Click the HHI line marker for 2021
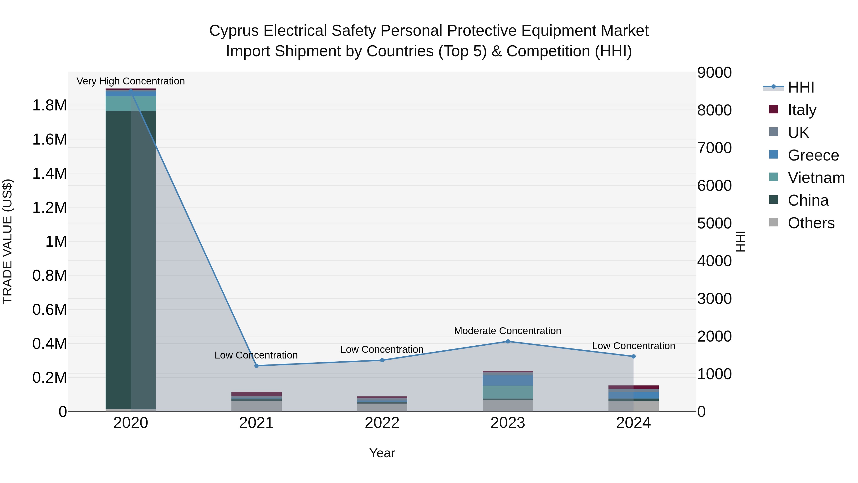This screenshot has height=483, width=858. point(256,366)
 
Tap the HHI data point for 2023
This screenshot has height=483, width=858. point(508,341)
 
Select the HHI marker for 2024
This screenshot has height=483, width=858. point(633,356)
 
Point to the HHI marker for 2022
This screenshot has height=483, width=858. point(382,360)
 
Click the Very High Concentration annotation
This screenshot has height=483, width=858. point(131,81)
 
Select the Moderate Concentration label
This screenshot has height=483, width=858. point(508,331)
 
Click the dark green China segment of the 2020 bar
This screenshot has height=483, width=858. point(118,260)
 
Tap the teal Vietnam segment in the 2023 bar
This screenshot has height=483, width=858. point(508,392)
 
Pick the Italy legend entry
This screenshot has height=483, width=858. point(802,110)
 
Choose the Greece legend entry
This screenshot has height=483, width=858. point(813,155)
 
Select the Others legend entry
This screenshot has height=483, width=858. point(811,223)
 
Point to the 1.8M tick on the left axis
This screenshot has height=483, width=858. point(49,105)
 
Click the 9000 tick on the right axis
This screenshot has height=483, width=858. point(715,73)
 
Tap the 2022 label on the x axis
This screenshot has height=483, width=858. point(382,423)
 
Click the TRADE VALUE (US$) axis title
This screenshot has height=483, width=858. point(7,241)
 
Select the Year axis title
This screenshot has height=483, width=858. point(382,453)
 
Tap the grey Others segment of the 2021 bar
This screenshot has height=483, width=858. point(256,406)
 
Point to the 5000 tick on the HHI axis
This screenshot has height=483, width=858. point(715,223)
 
